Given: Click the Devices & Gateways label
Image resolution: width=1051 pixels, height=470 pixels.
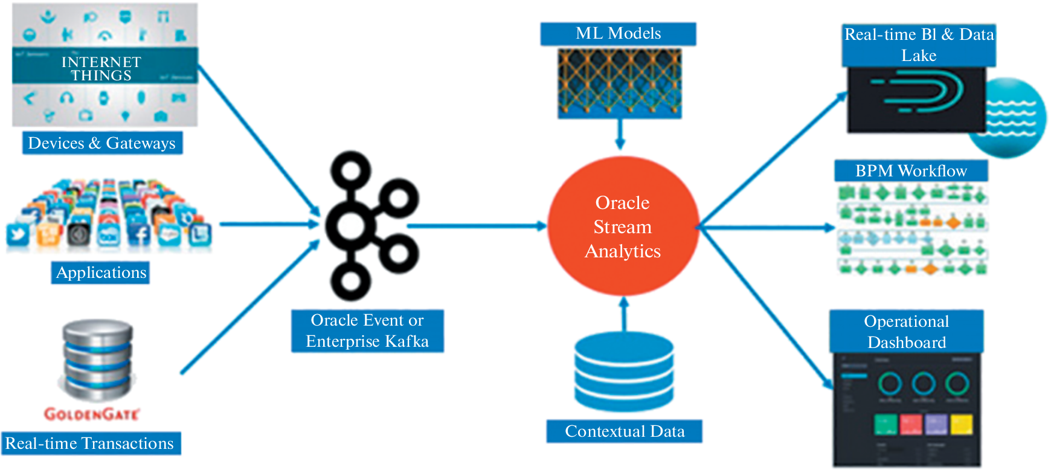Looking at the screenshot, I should (102, 143).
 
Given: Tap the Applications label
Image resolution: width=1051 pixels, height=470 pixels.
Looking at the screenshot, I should (101, 272).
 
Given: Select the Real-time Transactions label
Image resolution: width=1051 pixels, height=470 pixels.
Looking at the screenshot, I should (90, 443).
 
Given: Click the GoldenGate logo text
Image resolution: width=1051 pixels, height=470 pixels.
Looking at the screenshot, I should (92, 414).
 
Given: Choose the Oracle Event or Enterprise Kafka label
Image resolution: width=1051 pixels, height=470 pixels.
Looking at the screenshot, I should (367, 331).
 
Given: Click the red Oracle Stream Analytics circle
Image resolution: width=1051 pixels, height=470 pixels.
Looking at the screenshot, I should (623, 227).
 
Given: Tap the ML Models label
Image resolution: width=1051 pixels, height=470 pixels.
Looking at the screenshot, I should (618, 34).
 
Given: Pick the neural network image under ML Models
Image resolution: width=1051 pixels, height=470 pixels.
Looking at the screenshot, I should (620, 83).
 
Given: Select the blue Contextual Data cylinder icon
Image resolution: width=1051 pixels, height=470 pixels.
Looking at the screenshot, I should (624, 372).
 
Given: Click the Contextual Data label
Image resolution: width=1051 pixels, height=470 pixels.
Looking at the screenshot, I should (625, 431).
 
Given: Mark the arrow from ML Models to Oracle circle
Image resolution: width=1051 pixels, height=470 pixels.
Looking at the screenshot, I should (620, 134).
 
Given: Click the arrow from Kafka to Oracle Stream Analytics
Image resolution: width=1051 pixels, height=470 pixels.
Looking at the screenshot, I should (477, 227).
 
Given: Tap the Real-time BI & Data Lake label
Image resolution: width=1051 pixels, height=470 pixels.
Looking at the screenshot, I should (919, 45).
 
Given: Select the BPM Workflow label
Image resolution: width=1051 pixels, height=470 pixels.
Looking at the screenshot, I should (911, 171).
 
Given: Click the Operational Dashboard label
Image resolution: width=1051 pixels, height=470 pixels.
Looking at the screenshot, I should (906, 332).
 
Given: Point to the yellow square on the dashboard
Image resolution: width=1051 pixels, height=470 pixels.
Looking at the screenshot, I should (962, 424).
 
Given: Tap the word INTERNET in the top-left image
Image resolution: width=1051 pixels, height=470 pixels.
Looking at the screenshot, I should (101, 62).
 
